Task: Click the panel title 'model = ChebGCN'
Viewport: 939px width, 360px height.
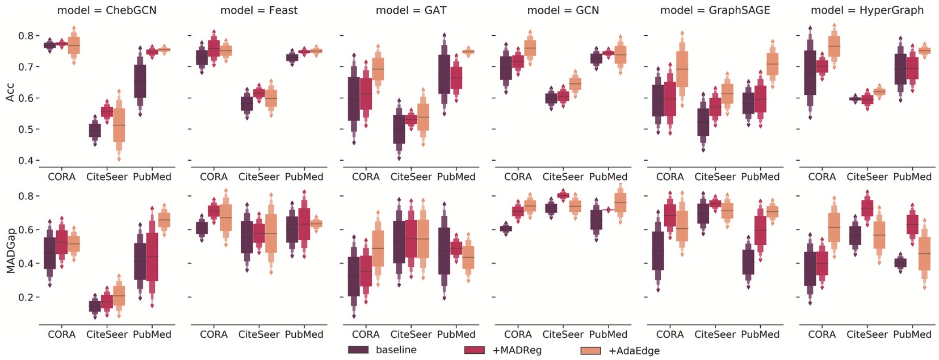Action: click(x=107, y=10)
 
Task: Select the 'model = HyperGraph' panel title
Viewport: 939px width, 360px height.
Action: click(x=867, y=10)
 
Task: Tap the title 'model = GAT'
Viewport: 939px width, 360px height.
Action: click(x=410, y=10)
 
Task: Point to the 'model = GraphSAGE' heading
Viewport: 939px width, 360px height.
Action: click(x=715, y=10)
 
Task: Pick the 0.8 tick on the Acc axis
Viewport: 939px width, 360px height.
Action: click(x=22, y=36)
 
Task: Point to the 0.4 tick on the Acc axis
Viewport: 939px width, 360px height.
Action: click(x=22, y=161)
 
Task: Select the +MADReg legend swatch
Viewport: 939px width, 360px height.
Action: click(x=475, y=350)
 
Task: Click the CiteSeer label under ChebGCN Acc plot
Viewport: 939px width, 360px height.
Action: click(x=107, y=177)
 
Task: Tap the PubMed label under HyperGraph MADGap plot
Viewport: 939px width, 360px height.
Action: click(x=912, y=334)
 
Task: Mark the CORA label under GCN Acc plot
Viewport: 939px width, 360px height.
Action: click(x=518, y=177)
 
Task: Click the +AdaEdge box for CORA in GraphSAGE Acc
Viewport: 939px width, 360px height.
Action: click(x=682, y=69)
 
